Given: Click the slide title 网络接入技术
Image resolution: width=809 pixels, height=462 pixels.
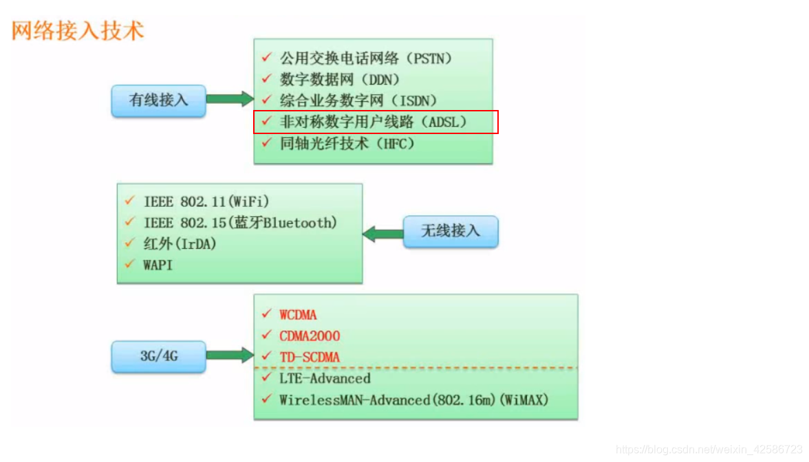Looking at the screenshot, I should (x=78, y=32).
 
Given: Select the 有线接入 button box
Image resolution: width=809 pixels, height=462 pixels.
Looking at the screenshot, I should (x=158, y=100).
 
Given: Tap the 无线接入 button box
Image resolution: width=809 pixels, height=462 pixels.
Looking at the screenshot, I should (x=450, y=232).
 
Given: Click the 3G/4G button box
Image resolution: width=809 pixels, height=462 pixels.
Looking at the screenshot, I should (x=158, y=357).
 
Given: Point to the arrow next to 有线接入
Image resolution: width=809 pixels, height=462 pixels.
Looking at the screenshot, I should (x=230, y=99).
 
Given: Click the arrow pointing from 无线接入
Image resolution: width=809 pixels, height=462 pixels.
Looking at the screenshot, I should (x=383, y=234).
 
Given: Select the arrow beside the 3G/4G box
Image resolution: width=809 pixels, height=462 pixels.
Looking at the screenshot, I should (x=230, y=355).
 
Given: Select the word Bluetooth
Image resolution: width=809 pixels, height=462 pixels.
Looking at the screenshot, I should (x=299, y=223).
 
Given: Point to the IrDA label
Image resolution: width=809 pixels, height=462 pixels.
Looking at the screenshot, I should (x=197, y=243).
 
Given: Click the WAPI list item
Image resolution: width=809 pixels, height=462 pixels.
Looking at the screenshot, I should (x=158, y=265).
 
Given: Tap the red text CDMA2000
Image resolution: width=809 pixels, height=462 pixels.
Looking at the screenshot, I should (x=310, y=336).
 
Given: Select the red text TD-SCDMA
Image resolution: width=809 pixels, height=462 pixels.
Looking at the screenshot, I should (x=310, y=357).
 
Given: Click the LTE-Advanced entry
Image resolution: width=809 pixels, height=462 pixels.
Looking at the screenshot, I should (x=325, y=378).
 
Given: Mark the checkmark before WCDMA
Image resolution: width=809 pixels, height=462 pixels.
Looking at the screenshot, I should (x=266, y=314).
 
